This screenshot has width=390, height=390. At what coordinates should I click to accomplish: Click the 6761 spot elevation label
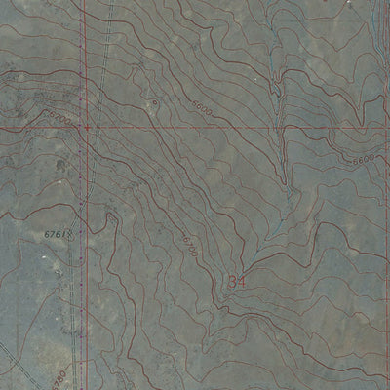click(59, 234)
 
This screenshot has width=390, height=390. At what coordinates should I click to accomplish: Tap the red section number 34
click(237, 281)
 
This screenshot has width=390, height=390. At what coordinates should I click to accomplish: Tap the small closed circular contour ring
click(154, 101)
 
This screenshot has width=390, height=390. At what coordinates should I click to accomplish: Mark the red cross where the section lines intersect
click(87, 127)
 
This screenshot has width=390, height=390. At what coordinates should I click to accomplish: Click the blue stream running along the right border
click(375, 58)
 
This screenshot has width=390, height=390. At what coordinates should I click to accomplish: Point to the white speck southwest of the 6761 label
click(43, 255)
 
